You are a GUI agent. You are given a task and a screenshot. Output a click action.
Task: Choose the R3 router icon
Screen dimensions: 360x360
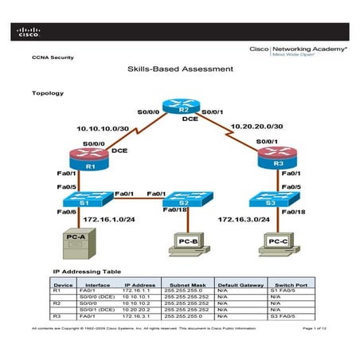270,162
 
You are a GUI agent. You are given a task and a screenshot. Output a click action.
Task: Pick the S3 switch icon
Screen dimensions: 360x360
270,202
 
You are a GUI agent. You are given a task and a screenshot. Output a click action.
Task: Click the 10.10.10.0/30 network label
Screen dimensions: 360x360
102,127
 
